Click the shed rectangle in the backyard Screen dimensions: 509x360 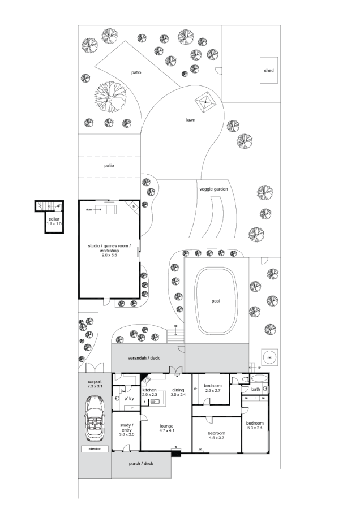coord(269,70)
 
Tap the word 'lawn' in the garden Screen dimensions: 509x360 coord(191,120)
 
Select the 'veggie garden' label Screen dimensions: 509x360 coord(213,189)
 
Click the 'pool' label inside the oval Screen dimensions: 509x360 coord(216,301)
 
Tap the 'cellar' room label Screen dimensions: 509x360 coord(54,218)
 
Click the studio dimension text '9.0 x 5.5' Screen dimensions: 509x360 coord(109,256)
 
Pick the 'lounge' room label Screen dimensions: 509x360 coord(166,426)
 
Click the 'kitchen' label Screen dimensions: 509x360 coord(149,390)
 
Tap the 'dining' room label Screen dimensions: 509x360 coord(178,390)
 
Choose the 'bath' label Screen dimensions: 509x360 coord(255,389)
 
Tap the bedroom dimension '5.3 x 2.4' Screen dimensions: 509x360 coord(255,428)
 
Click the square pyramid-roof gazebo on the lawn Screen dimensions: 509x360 coord(204,103)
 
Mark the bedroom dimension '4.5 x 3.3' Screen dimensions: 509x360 coord(217,437)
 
